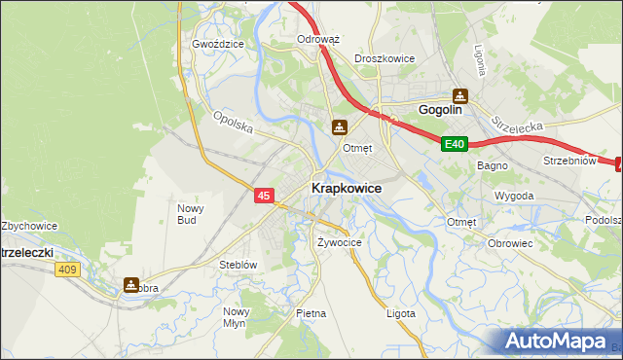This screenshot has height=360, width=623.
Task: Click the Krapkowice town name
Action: (x=346, y=188)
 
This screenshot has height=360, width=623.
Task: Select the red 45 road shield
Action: (x=264, y=196)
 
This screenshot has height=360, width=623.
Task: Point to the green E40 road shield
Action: (x=455, y=144)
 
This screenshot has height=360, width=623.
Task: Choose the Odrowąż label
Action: (x=317, y=40)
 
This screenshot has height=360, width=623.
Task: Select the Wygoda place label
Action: (x=514, y=196)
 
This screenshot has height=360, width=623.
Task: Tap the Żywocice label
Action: (x=340, y=241)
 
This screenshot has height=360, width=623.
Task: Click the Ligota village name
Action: (x=400, y=313)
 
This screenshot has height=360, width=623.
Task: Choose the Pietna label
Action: (x=311, y=313)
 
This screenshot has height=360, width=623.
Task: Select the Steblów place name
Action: (x=238, y=265)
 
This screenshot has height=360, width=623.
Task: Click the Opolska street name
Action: (x=234, y=124)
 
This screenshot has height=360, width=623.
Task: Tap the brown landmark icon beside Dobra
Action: (x=131, y=285)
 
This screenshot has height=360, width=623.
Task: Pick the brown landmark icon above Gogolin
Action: (x=460, y=95)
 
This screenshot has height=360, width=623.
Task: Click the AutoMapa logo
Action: (x=559, y=342)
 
